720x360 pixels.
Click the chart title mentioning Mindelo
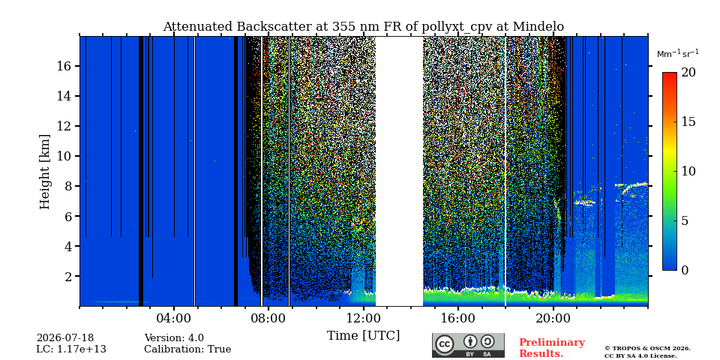pyautogui.click(x=363, y=27)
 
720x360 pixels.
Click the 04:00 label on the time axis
pyautogui.click(x=174, y=318)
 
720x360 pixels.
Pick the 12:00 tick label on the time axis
pyautogui.click(x=364, y=318)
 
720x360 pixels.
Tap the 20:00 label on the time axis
pyautogui.click(x=553, y=318)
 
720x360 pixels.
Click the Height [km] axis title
pyautogui.click(x=44, y=172)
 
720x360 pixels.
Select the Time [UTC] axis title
pyautogui.click(x=363, y=336)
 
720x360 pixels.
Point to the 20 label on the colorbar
pyautogui.click(x=688, y=73)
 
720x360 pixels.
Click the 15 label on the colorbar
pyautogui.click(x=688, y=121)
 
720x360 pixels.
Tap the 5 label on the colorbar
pyautogui.click(x=685, y=220)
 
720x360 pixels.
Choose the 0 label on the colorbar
pyautogui.click(x=685, y=270)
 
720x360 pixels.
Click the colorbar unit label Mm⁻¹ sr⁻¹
pyautogui.click(x=678, y=53)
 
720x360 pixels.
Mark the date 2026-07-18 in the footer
pyautogui.click(x=65, y=338)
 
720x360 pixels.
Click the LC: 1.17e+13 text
pyautogui.click(x=71, y=349)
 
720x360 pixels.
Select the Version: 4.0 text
pyautogui.click(x=174, y=338)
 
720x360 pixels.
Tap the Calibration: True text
pyautogui.click(x=187, y=349)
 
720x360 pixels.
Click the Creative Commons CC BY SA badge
pyautogui.click(x=468, y=345)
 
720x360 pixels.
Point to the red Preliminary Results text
pyautogui.click(x=552, y=348)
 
